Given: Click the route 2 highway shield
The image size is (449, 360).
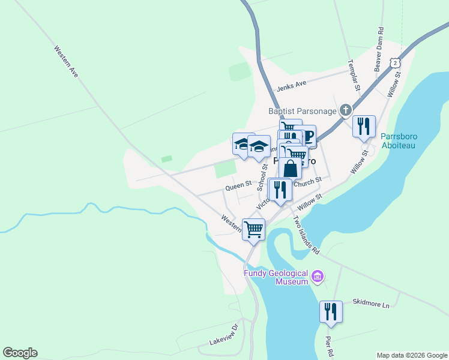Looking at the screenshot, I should [394, 63].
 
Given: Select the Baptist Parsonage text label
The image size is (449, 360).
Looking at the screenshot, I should [302, 111].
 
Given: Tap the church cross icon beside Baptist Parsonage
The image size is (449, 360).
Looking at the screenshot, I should [345, 110].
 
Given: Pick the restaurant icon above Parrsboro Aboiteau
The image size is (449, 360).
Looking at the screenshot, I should [364, 126].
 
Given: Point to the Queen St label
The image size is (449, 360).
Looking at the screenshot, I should [238, 187].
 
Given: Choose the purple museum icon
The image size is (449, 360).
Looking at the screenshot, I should [318, 278].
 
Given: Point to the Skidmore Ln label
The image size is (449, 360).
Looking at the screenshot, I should [371, 303].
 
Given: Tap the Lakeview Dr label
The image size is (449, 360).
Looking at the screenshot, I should [224, 336].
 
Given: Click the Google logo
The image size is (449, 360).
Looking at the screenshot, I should [20, 353].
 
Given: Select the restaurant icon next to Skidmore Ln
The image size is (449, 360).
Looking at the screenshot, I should [331, 311].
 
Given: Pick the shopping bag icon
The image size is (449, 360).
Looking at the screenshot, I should [290, 169].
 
